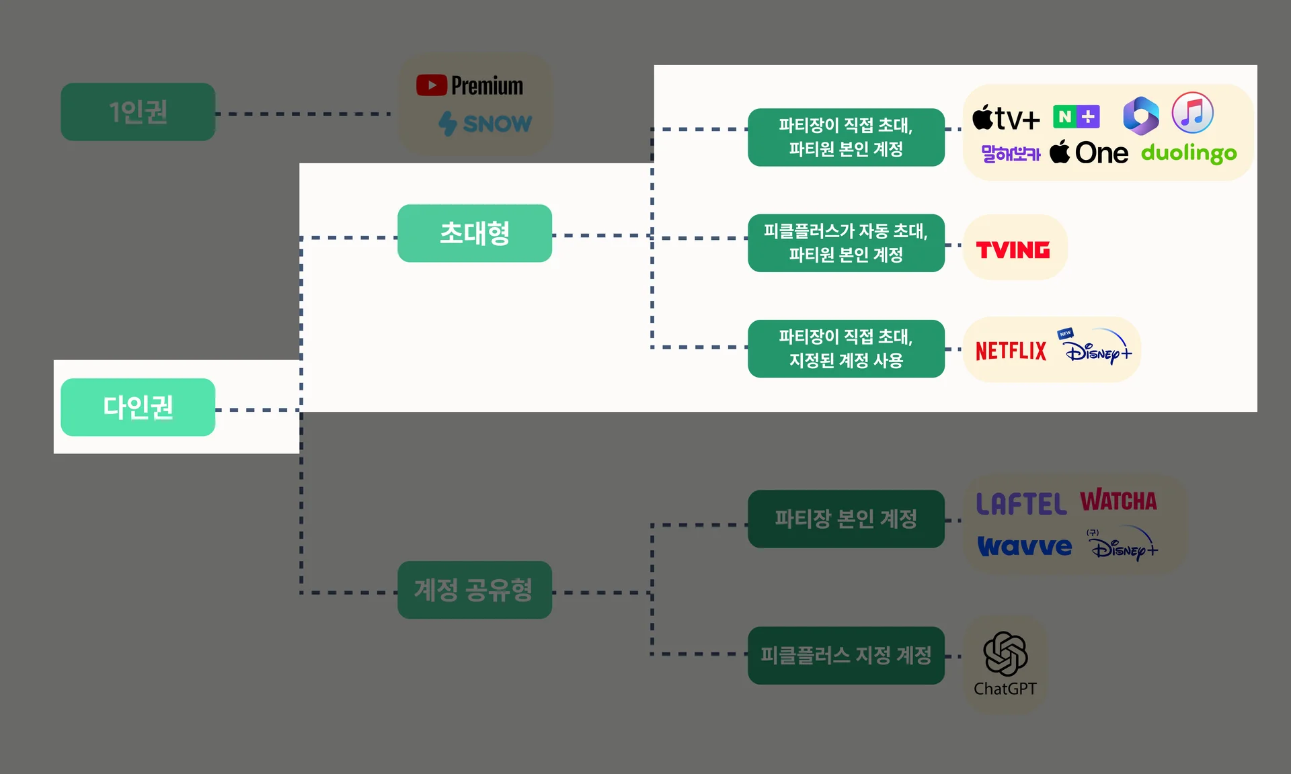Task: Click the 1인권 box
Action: pyautogui.click(x=138, y=112)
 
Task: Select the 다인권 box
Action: pyautogui.click(x=138, y=407)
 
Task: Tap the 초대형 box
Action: pyautogui.click(x=475, y=233)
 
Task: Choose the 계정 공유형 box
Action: pyautogui.click(x=475, y=590)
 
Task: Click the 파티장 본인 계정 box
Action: pyautogui.click(x=846, y=519)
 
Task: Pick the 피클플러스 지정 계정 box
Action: pyautogui.click(x=846, y=655)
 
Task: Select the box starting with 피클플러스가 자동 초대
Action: pyautogui.click(x=846, y=243)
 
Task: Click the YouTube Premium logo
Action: pyautogui.click(x=469, y=86)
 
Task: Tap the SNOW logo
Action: pyautogui.click(x=485, y=124)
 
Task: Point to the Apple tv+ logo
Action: pyautogui.click(x=1006, y=118)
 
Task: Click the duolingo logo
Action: pyautogui.click(x=1189, y=153)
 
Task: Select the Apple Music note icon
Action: pyautogui.click(x=1192, y=113)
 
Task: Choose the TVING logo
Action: pyautogui.click(x=1013, y=250)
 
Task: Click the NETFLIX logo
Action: pyautogui.click(x=1011, y=351)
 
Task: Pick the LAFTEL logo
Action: pyautogui.click(x=1021, y=504)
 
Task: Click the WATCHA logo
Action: pyautogui.click(x=1118, y=501)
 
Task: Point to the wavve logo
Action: pyautogui.click(x=1024, y=546)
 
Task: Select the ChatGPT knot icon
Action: pyautogui.click(x=1005, y=654)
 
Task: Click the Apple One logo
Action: pyautogui.click(x=1089, y=153)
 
